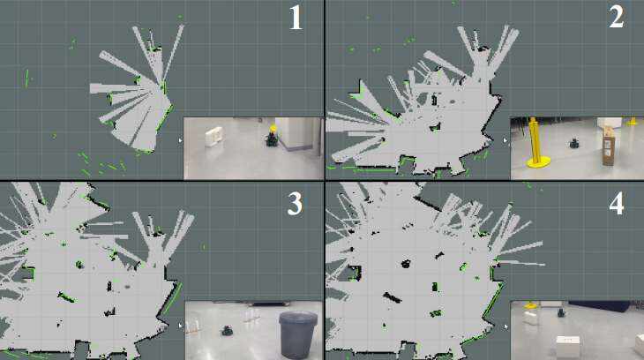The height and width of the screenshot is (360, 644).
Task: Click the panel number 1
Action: pos(296,17)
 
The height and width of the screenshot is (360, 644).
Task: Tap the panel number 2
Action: pos(617,17)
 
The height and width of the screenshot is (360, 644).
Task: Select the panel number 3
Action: pos(295,204)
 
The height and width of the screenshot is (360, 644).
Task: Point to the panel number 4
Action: pos(617,203)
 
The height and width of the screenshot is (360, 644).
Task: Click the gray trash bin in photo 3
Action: pos(298,334)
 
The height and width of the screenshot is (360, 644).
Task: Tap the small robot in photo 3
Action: pos(227,330)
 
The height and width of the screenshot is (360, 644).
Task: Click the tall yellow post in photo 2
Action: pos(536,142)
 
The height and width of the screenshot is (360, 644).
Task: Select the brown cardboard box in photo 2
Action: pos(608,146)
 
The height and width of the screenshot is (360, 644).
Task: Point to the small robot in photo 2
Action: pos(573,144)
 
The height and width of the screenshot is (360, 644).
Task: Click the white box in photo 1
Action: pos(214,137)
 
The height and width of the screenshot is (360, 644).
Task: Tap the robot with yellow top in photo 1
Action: pos(272,137)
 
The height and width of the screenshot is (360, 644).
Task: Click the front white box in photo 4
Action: pos(568,347)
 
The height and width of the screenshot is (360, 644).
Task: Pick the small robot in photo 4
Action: pos(561,312)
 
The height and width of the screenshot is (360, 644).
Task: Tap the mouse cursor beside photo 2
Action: pos(505,140)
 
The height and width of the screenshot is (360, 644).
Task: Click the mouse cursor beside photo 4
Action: pos(505,326)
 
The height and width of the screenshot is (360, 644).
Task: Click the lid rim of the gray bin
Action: pos(298,317)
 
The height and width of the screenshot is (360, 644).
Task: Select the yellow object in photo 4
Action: pos(530,305)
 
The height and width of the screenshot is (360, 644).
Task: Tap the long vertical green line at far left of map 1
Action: pos(26,78)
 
